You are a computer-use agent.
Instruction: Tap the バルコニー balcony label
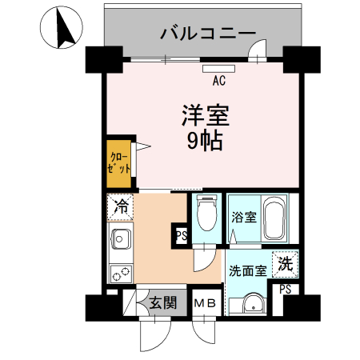pos(208,33)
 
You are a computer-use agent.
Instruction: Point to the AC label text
pos(218,80)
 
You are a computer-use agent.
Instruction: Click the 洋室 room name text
pos(204,117)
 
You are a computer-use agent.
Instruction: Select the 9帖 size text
pos(204,142)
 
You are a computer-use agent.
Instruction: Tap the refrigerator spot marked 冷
pos(122,207)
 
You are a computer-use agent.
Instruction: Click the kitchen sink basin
pos(122,239)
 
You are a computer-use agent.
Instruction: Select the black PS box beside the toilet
pos(181,236)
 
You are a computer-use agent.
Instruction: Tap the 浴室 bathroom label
pos(243,216)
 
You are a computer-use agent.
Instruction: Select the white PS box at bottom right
pos(286,290)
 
